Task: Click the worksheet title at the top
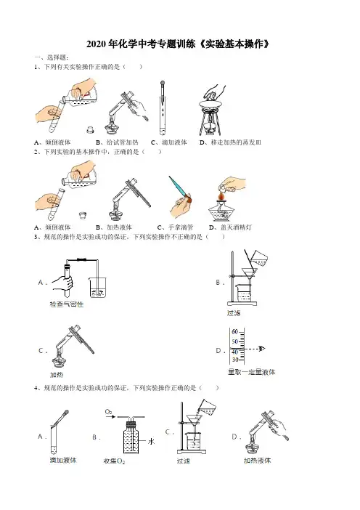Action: [x=178, y=44]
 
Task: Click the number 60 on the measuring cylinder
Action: [x=234, y=332]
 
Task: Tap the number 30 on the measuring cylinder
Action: [x=235, y=360]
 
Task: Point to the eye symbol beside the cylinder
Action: [x=261, y=349]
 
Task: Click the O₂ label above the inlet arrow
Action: [x=109, y=412]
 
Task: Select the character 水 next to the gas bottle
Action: [x=152, y=442]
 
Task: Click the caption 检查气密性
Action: [x=66, y=304]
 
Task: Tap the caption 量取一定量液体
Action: [x=251, y=372]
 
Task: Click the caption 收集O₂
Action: [x=114, y=461]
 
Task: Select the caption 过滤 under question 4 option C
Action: [x=183, y=461]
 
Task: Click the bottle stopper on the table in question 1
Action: [x=90, y=130]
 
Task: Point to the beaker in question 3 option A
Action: [x=98, y=287]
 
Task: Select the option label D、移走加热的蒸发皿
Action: [x=230, y=142]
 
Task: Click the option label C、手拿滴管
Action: [x=175, y=227]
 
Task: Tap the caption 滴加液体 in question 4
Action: [x=63, y=461]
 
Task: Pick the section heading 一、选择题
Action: [x=52, y=57]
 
